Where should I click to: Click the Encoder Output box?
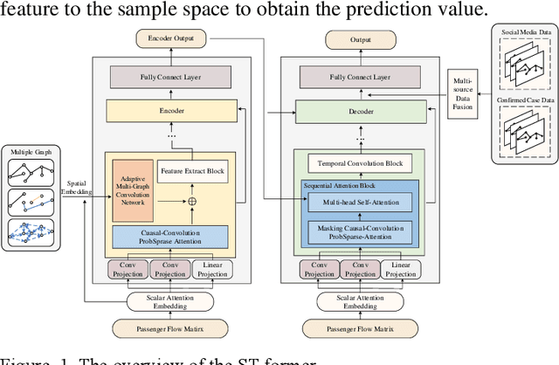[166, 38]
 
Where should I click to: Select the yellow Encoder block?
[166, 110]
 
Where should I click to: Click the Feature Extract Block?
[191, 171]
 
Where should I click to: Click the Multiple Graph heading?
[31, 152]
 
